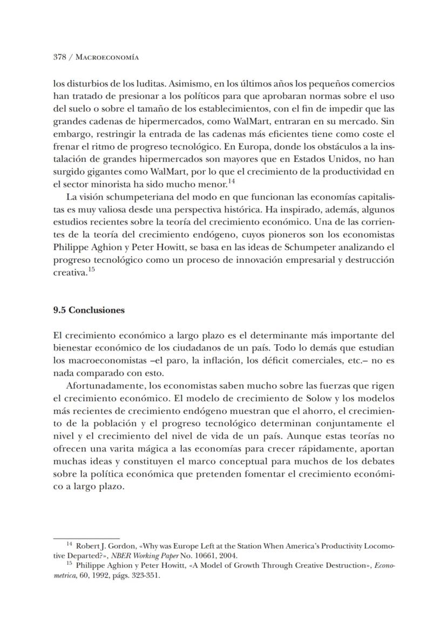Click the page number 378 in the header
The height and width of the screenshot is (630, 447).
(x=59, y=57)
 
